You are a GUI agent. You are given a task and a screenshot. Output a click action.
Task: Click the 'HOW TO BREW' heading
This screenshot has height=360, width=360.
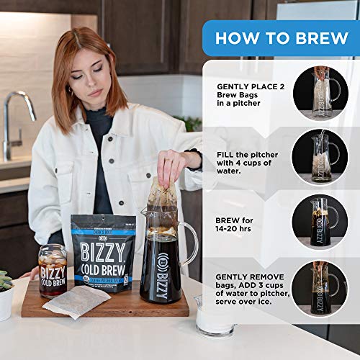282,38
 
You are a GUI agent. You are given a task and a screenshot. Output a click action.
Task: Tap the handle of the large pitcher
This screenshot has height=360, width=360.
189,245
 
